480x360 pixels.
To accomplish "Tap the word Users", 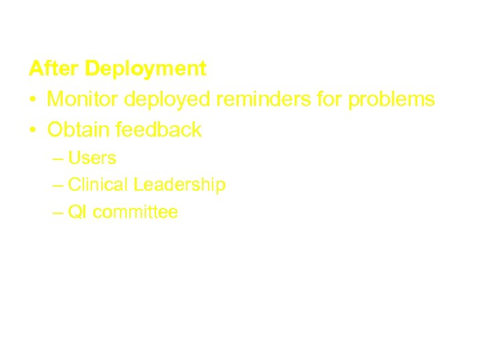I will point(92,158).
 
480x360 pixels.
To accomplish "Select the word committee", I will point(135,213).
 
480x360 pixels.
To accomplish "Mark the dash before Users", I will point(57,159).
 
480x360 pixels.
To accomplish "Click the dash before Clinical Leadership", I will point(57,186).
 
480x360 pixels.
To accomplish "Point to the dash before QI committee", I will point(57,213).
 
